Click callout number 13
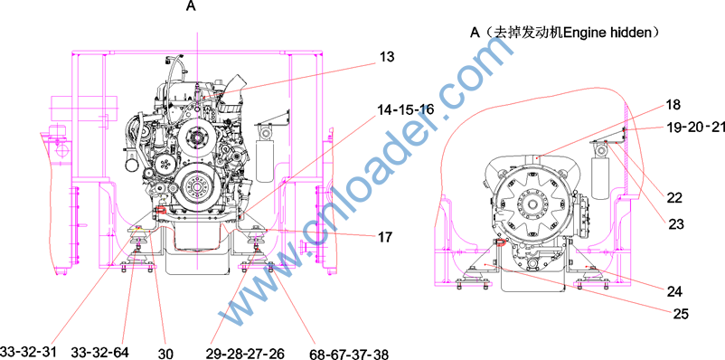(x=387, y=57)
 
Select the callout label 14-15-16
(x=406, y=109)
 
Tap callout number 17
(x=384, y=237)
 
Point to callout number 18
(x=673, y=105)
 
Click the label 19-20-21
(x=695, y=128)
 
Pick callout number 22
(x=674, y=197)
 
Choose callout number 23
(x=676, y=224)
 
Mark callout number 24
(x=674, y=291)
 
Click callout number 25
(x=681, y=314)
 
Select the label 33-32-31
(x=28, y=352)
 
